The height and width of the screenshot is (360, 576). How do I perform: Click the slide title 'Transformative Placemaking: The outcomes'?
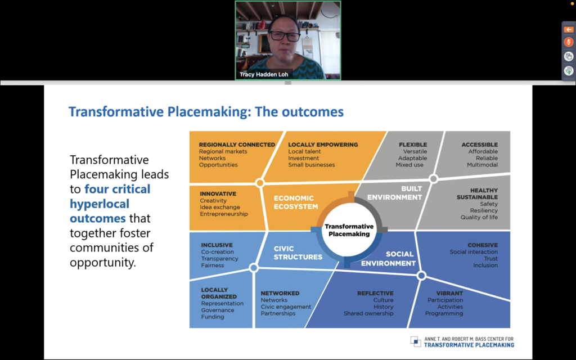206,112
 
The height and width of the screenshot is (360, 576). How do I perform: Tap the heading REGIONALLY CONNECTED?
237,145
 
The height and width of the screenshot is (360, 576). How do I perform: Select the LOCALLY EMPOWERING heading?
323,145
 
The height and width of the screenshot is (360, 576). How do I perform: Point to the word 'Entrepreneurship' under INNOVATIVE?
224,214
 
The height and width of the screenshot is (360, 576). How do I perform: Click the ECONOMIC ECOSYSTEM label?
296,202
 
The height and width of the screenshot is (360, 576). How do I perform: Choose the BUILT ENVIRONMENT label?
395,193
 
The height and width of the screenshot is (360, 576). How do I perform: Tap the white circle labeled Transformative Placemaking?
349,230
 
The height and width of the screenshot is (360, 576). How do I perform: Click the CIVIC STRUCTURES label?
298,253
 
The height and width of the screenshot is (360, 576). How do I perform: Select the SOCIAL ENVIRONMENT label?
388,259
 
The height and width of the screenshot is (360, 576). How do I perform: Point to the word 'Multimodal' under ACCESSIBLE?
482,165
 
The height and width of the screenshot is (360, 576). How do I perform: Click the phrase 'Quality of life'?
479,217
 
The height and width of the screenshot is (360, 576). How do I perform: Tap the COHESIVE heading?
483,245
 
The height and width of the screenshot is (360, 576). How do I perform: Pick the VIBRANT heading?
449,293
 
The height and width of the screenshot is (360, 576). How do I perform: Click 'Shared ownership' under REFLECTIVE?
368,313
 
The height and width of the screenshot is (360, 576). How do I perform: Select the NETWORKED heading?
280,293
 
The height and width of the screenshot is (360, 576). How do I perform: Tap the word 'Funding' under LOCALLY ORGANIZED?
212,317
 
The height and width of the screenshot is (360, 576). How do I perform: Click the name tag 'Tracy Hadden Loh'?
264,74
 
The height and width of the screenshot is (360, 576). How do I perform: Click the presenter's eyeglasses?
285,36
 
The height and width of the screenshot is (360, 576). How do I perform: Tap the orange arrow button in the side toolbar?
569,30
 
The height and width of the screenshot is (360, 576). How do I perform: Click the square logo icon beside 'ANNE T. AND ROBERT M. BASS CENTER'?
416,341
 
